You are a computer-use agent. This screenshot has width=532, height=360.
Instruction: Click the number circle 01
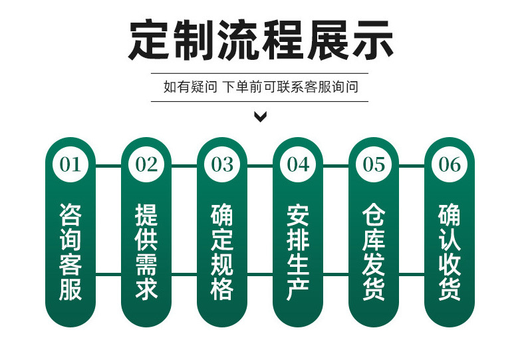click(70, 164)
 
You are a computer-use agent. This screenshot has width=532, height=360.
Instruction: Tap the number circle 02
click(146, 164)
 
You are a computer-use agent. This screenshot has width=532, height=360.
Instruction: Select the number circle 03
click(222, 164)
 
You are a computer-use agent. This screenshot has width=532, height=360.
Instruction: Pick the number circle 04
click(298, 164)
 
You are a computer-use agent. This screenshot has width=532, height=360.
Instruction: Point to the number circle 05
click(374, 164)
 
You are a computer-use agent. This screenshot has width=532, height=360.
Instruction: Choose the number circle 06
click(450, 164)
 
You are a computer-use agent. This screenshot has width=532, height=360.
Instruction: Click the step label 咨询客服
click(70, 252)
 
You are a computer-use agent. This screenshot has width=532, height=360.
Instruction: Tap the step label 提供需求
click(146, 252)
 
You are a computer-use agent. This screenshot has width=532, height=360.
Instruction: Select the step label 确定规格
click(222, 252)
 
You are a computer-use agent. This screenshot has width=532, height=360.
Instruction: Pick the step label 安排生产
click(298, 252)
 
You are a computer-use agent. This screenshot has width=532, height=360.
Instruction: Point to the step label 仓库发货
click(374, 252)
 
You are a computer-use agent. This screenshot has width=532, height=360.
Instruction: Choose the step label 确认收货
click(450, 252)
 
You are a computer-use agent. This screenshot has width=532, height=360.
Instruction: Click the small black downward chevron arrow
click(261, 118)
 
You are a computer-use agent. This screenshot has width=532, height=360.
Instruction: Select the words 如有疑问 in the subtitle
click(190, 87)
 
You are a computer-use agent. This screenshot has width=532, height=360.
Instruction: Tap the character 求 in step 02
click(146, 289)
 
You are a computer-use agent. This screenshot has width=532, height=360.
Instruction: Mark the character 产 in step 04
click(298, 289)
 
